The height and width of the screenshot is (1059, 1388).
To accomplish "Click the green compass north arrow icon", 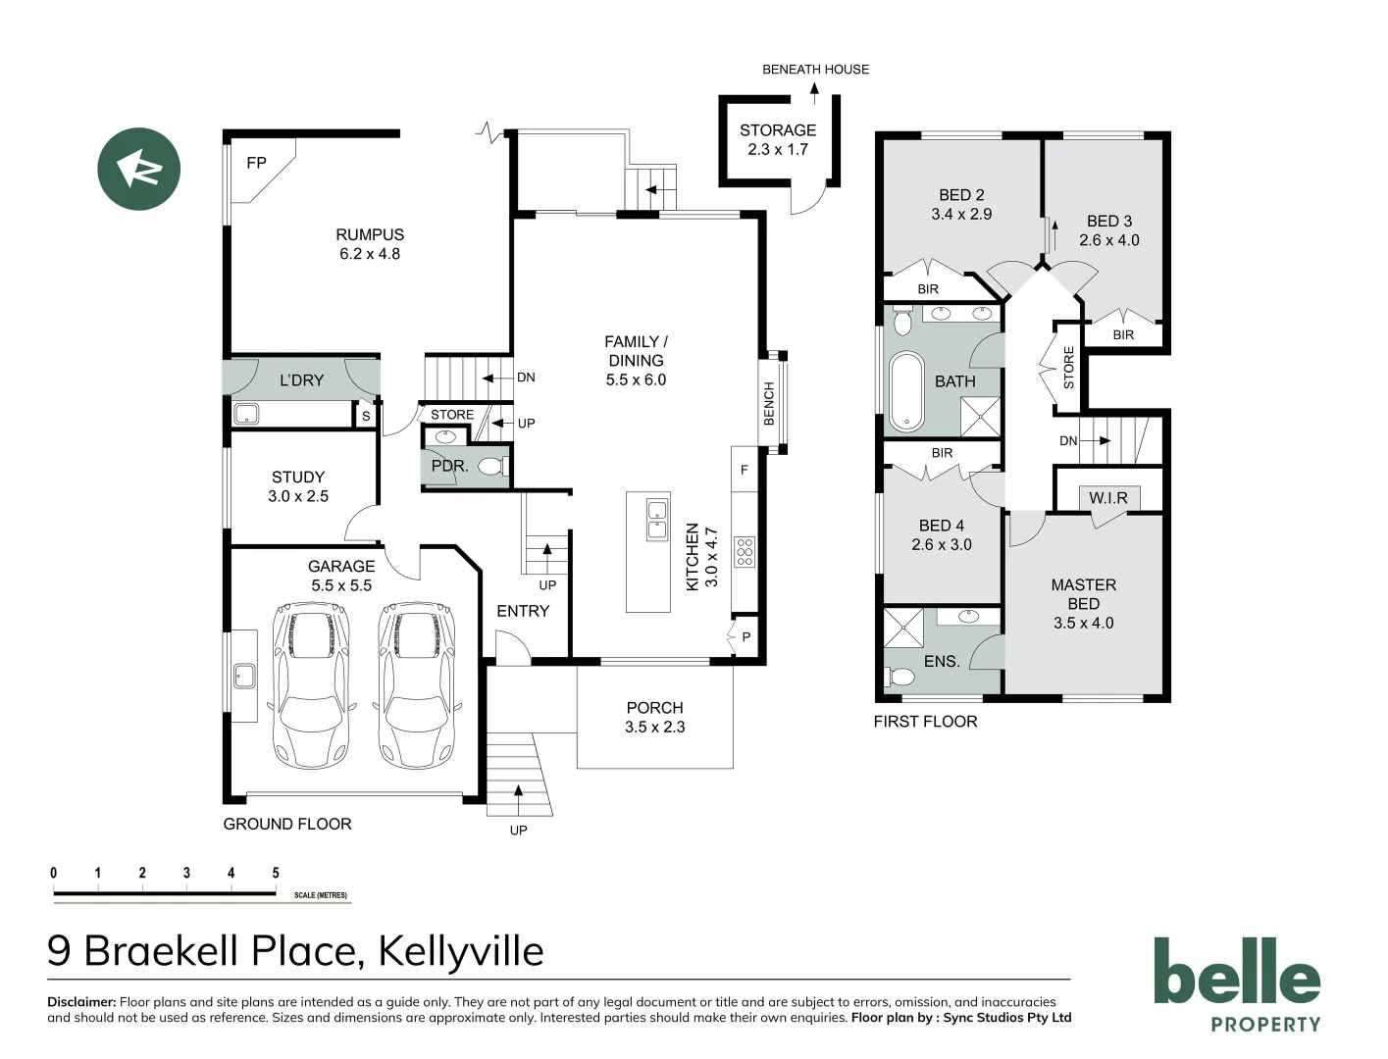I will [138, 169].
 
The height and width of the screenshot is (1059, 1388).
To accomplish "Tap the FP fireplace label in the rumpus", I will [256, 163].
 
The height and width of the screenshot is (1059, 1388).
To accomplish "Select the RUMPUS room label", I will [370, 234].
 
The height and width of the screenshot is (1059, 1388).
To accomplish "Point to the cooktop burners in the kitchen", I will [745, 552].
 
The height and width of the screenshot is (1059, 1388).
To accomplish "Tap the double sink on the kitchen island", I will [656, 519].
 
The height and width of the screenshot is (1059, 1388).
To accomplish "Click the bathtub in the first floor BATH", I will [906, 392].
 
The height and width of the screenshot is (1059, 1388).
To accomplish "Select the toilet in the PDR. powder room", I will [493, 467].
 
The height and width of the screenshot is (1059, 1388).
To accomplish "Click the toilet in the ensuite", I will [900, 677].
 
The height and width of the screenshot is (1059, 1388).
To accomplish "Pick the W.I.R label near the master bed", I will [1108, 498].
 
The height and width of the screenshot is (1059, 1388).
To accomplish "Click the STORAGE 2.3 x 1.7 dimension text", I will [778, 150].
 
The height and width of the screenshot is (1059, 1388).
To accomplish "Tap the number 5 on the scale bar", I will [276, 873].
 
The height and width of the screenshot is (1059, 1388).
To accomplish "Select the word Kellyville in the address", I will [461, 951].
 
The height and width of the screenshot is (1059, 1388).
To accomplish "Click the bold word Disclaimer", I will [81, 1002].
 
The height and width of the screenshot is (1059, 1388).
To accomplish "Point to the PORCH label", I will [654, 708].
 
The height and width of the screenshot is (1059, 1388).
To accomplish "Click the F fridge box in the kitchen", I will [745, 470].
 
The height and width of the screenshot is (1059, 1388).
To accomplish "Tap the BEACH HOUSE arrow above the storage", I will [814, 92].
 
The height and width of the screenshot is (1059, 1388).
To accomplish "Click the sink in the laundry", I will [245, 414].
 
